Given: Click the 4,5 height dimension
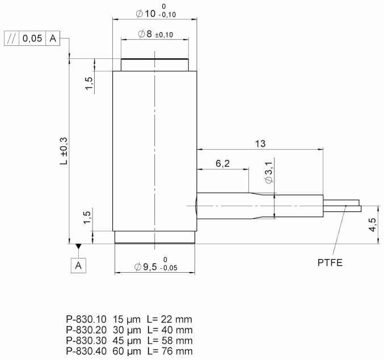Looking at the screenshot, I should click(x=372, y=225).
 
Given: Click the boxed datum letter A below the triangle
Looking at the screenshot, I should click(x=78, y=265).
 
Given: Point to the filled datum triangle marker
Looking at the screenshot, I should click(x=78, y=247).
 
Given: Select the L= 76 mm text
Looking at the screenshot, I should click(x=170, y=352).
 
